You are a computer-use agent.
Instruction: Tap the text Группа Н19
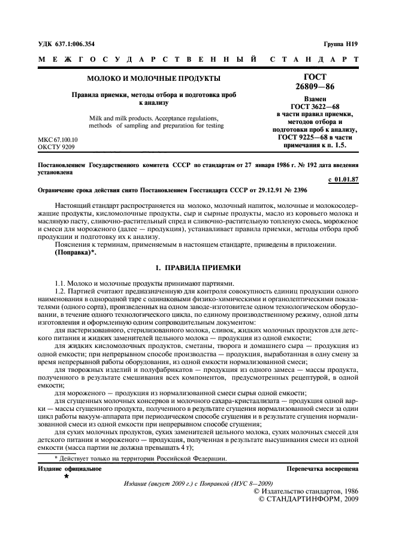[340, 44]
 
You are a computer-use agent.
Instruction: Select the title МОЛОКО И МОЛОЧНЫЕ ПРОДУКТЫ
[154, 78]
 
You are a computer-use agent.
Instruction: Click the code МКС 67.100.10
[58, 139]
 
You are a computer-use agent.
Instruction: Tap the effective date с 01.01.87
[344, 179]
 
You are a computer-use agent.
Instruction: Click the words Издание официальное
[69, 469]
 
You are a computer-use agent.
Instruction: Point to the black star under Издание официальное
[66, 477]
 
